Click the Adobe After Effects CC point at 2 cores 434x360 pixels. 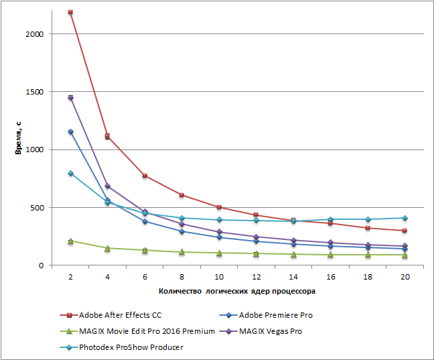click(70, 12)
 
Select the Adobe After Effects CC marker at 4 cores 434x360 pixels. click(107, 136)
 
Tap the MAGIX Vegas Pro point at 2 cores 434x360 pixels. click(70, 98)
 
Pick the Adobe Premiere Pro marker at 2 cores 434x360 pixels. click(70, 132)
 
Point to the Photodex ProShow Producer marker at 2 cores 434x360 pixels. click(70, 174)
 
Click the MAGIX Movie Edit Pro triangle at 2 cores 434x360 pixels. click(70, 241)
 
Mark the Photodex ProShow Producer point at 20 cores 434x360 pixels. click(405, 218)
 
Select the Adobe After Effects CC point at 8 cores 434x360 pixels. click(182, 195)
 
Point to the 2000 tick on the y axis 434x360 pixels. click(35, 34)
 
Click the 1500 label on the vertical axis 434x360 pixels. click(35, 92)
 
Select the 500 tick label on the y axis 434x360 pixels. click(38, 208)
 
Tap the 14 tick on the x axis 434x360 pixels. click(293, 276)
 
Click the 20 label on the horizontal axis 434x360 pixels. click(405, 276)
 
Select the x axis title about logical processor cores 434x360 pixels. click(237, 292)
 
